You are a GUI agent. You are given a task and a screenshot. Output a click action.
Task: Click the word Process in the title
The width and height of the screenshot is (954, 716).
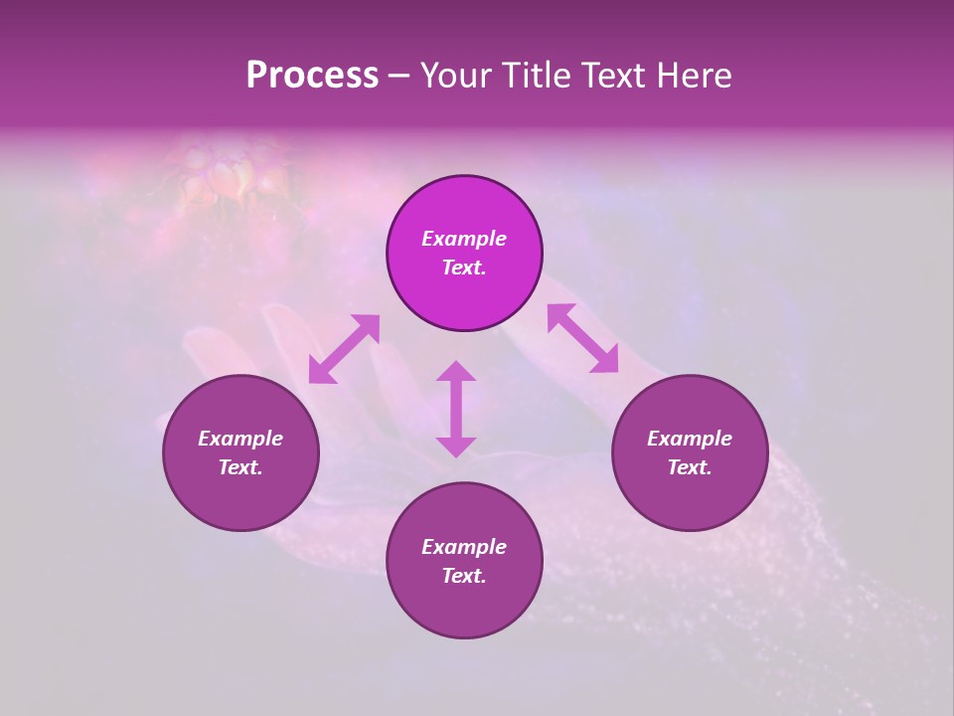point(312,76)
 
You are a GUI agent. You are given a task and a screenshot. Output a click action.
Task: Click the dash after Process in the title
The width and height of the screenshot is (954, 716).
point(398,78)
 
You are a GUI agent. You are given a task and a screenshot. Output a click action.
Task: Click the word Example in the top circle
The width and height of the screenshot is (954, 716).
point(464,239)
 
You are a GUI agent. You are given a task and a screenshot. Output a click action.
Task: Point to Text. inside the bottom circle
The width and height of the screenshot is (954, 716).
point(464,576)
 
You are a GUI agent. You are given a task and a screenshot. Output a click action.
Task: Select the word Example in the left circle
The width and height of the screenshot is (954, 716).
point(240,439)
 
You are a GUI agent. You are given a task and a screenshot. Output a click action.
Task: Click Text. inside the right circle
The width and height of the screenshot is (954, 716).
point(690,467)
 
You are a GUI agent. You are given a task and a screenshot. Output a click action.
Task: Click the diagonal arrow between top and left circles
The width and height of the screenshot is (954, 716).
point(344,349)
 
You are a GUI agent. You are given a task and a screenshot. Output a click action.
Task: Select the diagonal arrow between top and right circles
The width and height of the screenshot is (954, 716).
point(582,338)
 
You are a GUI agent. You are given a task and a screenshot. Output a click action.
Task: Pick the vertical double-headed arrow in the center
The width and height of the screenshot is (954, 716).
point(456,409)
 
